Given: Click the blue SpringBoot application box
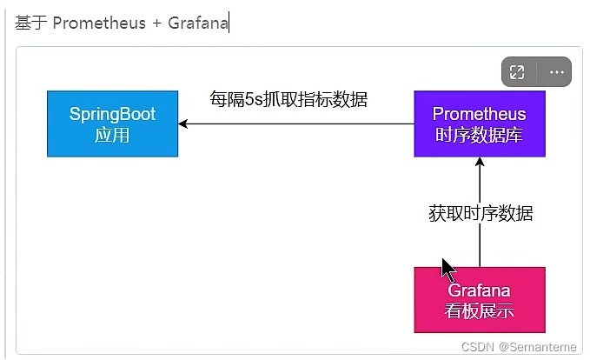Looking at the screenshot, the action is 112,123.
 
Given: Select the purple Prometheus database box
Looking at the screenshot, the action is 479,123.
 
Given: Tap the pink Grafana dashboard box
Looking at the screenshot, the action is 479,299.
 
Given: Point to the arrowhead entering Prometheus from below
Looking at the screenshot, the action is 480,163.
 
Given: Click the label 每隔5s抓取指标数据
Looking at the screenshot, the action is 288,99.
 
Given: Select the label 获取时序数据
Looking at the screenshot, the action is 481,213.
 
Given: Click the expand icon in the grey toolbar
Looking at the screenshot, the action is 517,72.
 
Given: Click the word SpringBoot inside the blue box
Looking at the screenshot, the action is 112,114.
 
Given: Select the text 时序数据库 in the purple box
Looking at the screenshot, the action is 479,135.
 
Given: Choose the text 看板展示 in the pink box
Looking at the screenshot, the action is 479,310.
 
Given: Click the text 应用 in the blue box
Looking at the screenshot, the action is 112,135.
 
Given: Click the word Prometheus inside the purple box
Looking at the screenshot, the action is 479,114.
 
